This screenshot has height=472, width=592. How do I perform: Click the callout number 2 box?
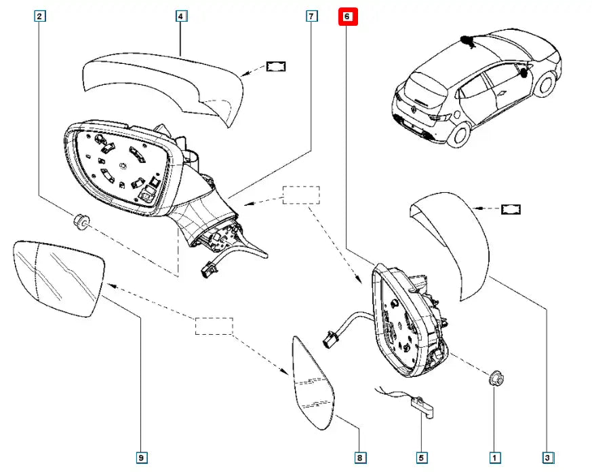point(39,16)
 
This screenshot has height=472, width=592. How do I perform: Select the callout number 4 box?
point(181,16)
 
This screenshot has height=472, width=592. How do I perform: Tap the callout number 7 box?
point(311,16)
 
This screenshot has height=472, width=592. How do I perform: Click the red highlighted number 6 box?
point(348,17)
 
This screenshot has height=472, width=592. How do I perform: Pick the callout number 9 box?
point(141,458)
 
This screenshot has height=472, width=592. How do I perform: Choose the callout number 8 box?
point(360,458)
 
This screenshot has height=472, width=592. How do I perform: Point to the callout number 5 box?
point(421,458)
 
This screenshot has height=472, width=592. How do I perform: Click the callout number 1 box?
point(494,458)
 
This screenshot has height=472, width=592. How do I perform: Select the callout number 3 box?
point(548,458)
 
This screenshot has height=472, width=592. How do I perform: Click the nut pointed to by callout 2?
point(81,222)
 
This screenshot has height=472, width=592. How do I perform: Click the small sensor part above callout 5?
point(422,407)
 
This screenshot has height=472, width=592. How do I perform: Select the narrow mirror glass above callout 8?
point(313,384)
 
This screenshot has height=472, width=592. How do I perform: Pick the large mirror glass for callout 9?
point(58,278)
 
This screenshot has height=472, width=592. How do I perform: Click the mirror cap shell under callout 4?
point(163,88)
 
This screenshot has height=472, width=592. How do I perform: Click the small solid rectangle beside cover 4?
point(276,67)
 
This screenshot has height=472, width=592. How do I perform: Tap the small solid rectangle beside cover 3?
point(511,209)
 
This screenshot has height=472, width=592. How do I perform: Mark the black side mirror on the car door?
point(524,73)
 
